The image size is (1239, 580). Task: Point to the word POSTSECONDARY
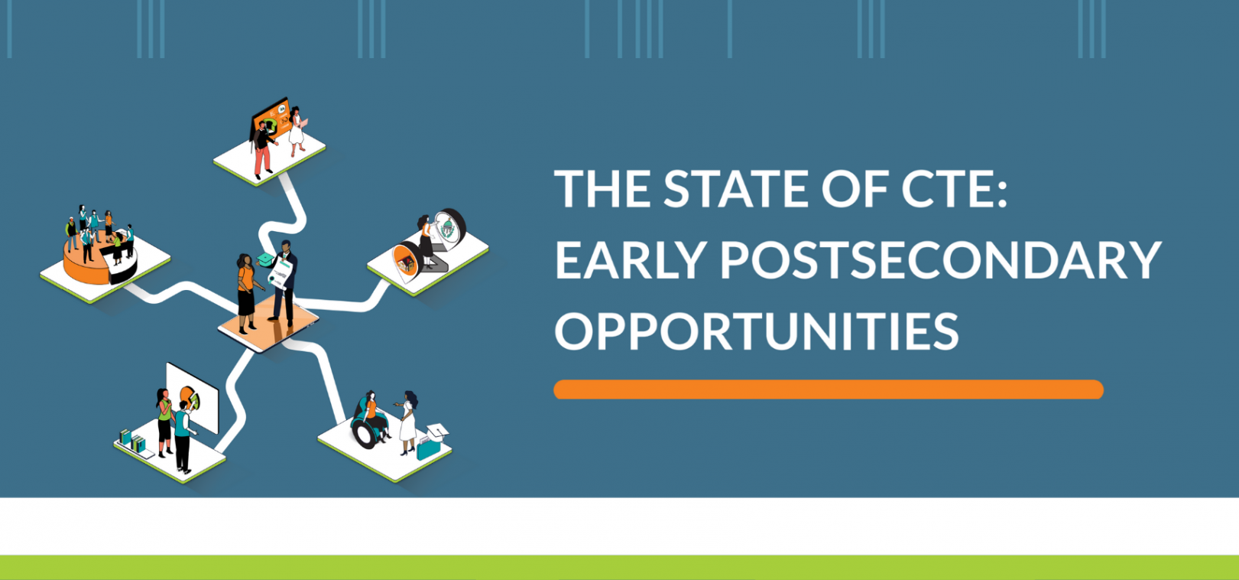pyautogui.click(x=940, y=260)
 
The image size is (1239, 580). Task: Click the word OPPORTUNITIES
pyautogui.click(x=757, y=331)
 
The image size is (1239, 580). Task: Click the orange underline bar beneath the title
pyautogui.click(x=829, y=389)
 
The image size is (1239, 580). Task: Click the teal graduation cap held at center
pyautogui.click(x=265, y=259)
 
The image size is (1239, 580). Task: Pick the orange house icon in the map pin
pyautogui.click(x=406, y=264)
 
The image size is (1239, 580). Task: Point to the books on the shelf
pyautogui.click(x=133, y=442)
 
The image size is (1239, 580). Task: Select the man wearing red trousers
pyautogui.click(x=262, y=149)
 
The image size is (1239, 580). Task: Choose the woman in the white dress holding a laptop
pyautogui.click(x=297, y=132)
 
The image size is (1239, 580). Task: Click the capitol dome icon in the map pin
pyautogui.click(x=447, y=228)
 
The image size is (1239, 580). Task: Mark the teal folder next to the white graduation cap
pyautogui.click(x=428, y=448)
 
